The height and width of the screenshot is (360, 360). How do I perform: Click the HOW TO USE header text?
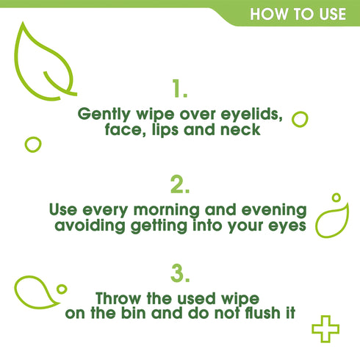298,14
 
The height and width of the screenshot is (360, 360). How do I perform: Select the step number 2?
180,183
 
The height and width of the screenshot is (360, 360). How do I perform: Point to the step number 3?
180,273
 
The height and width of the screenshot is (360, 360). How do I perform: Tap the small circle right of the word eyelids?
299,119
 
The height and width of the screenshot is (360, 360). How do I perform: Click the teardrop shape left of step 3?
34,292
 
